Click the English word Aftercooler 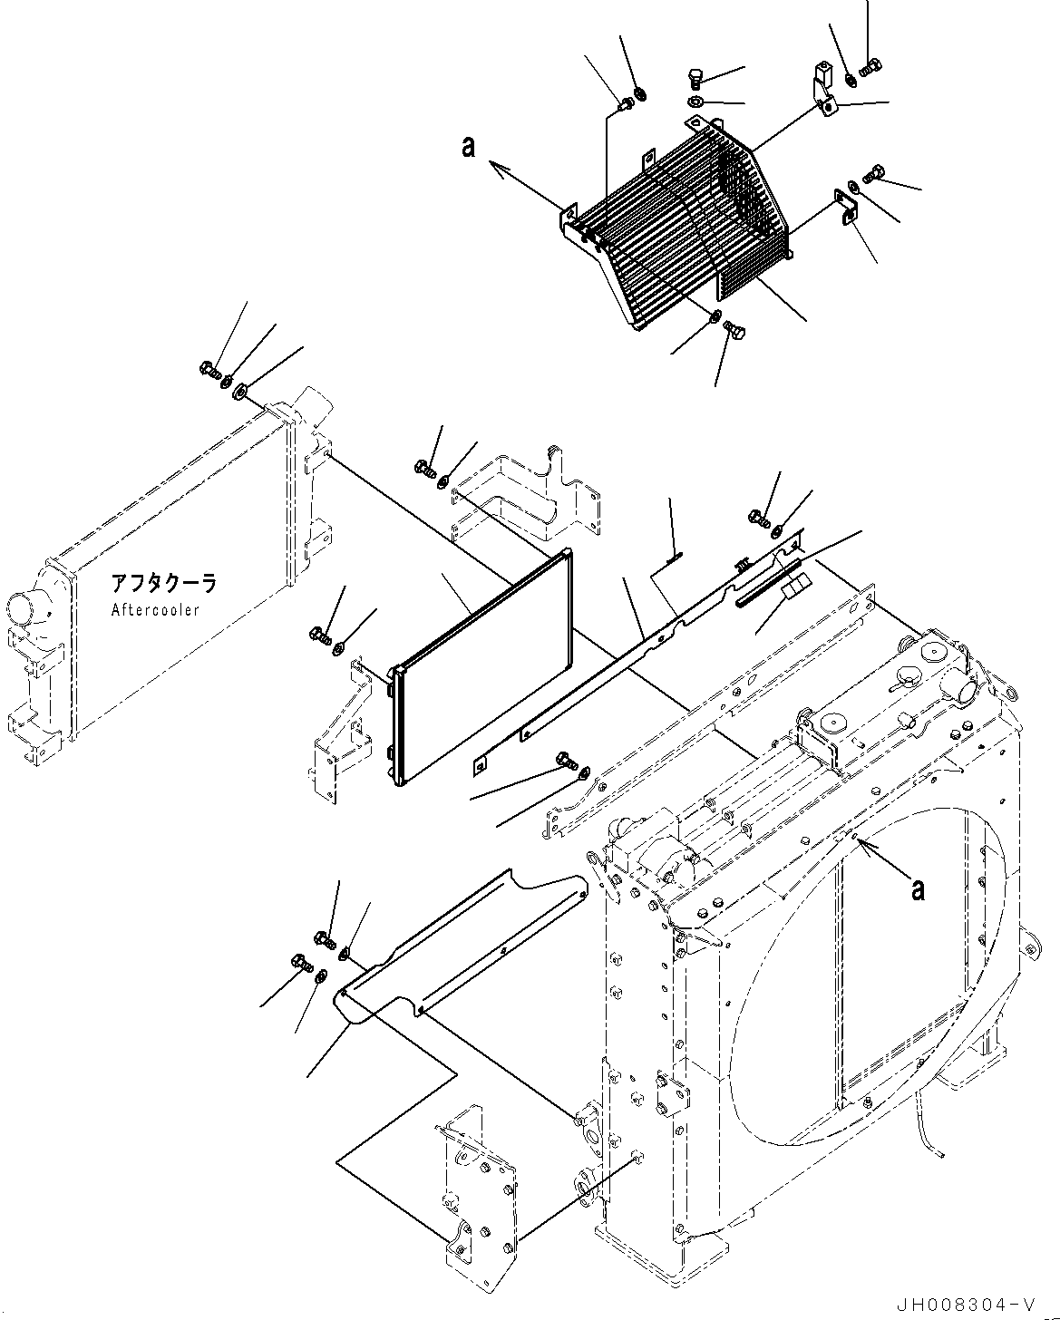pos(155,610)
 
